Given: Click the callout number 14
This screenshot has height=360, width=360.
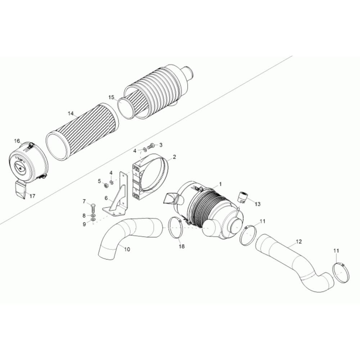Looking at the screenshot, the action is pyautogui.click(x=71, y=113).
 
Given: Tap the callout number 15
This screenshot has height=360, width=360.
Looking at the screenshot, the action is pyautogui.click(x=111, y=97).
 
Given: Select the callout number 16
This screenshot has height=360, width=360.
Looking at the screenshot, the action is pyautogui.click(x=17, y=141).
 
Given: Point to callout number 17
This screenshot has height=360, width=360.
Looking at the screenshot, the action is pyautogui.click(x=32, y=196).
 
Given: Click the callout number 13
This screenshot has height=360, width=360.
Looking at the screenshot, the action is pyautogui.click(x=258, y=204).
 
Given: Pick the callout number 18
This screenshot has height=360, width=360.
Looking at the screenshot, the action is pyautogui.click(x=182, y=246).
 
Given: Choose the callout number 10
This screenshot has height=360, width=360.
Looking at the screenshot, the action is pyautogui.click(x=127, y=249).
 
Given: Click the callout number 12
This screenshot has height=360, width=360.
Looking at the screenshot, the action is pyautogui.click(x=299, y=242).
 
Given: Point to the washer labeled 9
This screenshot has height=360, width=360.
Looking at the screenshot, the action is pyautogui.click(x=93, y=220).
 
